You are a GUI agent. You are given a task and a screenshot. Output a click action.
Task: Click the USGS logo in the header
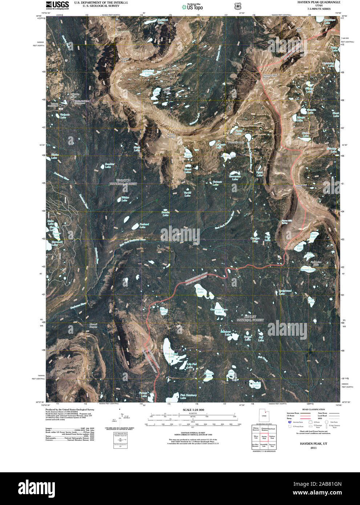coord(57,5)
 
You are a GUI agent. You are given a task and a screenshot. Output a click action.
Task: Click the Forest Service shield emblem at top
coord(238,6)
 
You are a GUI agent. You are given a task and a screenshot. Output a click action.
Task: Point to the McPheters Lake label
coord(148,72)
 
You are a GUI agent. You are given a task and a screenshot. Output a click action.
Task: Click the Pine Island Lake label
coord(171,355)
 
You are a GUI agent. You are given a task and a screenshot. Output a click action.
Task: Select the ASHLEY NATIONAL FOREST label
coord(250,318)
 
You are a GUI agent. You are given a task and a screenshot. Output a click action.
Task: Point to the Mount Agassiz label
coord(171,136)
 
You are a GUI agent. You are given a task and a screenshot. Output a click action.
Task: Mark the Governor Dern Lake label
coord(219,311)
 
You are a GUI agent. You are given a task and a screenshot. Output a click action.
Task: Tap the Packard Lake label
coord(144,226)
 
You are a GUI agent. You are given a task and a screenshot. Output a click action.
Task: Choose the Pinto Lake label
coord(201,290)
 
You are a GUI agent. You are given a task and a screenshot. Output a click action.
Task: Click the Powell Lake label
coord(256,385)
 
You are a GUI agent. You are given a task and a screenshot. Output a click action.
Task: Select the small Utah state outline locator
coord(264,415)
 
